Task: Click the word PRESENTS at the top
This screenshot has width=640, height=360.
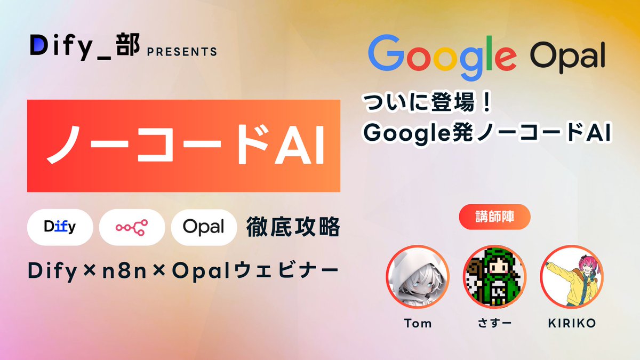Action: coord(181,52)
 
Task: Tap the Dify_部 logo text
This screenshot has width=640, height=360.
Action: coord(84,48)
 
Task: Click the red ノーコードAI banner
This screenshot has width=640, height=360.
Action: coord(183,146)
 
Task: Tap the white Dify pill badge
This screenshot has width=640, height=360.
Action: coord(60,228)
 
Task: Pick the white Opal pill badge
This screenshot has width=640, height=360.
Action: coord(204,228)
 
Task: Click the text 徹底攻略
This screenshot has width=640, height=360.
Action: coord(292,228)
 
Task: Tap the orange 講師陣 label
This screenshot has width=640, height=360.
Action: coord(494,217)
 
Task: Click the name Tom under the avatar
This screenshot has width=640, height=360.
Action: coord(418,323)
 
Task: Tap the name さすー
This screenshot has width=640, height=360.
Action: coord(494,323)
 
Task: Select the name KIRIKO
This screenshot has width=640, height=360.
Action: coord(572,323)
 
